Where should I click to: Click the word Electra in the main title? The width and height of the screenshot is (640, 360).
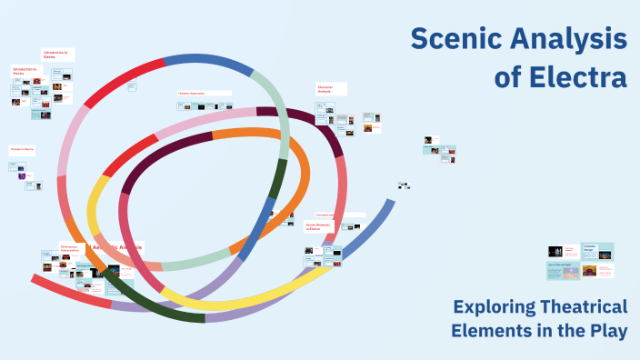click(x=575, y=76)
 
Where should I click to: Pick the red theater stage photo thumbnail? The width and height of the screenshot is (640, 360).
click(x=590, y=270)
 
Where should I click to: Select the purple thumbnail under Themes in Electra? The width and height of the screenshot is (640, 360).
click(x=22, y=176)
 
